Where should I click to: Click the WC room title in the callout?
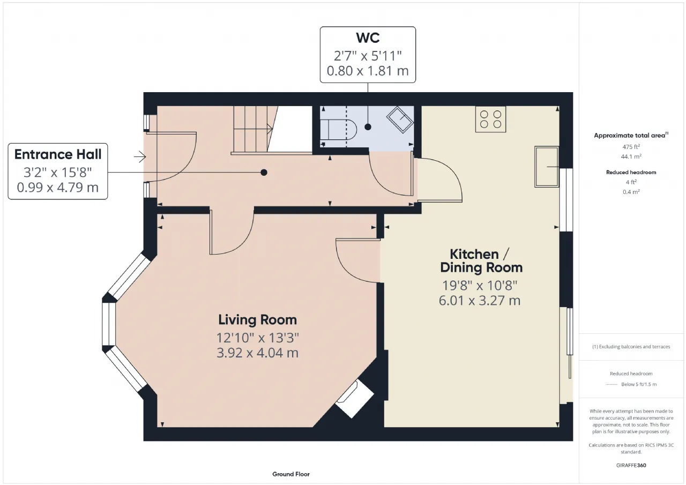tap(368, 38)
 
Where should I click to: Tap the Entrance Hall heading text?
tap(58, 154)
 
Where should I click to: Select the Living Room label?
tap(258, 320)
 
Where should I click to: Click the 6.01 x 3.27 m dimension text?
tap(480, 300)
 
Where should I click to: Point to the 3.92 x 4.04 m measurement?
tap(258, 353)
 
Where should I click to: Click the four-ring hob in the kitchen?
tap(490, 119)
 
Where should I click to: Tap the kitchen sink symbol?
tap(547, 167)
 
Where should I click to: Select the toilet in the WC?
tap(338, 130)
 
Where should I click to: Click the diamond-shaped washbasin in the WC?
tap(400, 120)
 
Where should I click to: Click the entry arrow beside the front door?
tap(140, 157)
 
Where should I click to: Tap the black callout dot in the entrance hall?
tap(264, 173)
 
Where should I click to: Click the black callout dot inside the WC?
tap(368, 127)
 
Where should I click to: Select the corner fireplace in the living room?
tap(355, 399)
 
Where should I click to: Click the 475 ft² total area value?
tap(631, 147)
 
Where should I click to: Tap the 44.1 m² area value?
tap(631, 156)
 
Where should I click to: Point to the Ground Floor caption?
tap(291, 474)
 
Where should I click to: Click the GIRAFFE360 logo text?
tap(631, 465)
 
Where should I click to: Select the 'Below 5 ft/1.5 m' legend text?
tap(639, 384)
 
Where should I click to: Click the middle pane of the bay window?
tap(109, 324)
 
